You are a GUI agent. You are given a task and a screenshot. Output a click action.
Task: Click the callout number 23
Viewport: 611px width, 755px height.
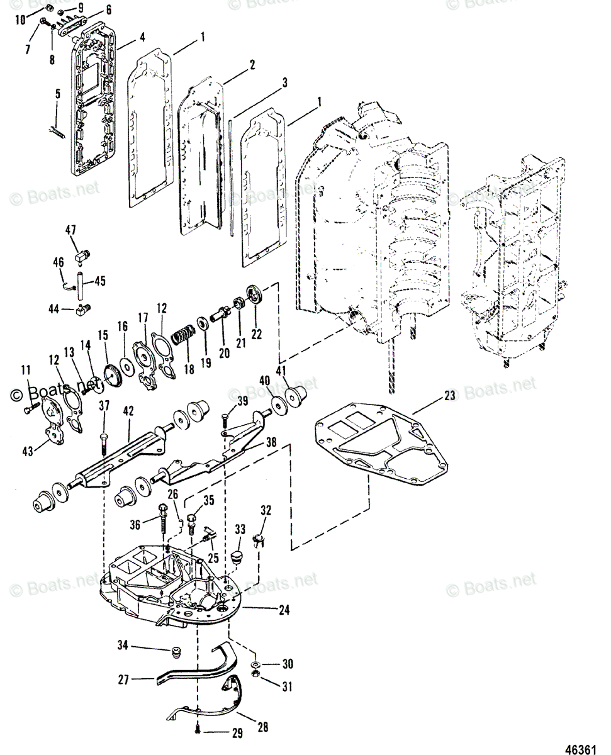449,396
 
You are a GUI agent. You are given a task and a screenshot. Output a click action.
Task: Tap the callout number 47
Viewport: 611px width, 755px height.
70,230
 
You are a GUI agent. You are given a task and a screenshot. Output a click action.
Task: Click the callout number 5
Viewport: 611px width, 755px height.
57,94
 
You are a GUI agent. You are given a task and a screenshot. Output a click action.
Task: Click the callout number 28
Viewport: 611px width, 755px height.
262,727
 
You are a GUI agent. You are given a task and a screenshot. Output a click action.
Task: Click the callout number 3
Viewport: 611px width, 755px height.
285,82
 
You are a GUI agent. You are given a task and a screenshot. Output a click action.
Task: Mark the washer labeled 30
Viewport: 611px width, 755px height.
256,665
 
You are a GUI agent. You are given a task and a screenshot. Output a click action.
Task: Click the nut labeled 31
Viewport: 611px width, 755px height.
256,675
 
